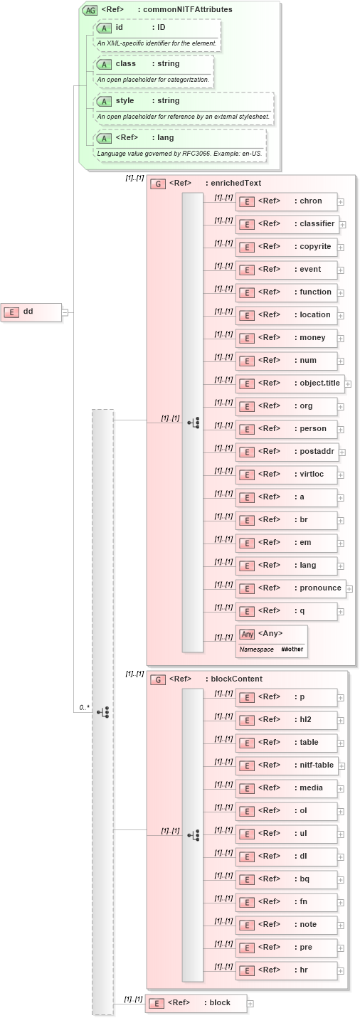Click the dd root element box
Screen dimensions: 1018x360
click(31, 311)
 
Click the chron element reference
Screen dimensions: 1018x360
click(286, 201)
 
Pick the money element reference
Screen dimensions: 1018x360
click(286, 338)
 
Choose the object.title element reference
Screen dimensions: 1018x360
click(290, 383)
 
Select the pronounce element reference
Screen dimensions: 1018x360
click(290, 588)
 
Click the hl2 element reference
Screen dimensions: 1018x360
click(286, 720)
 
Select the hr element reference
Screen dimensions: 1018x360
click(286, 970)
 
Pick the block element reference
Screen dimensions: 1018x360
click(196, 1003)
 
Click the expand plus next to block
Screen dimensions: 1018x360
click(250, 1004)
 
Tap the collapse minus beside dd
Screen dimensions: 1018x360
click(65, 312)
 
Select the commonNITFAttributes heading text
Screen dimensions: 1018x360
click(175, 10)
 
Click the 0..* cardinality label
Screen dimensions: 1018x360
click(84, 707)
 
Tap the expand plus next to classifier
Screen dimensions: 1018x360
click(343, 224)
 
